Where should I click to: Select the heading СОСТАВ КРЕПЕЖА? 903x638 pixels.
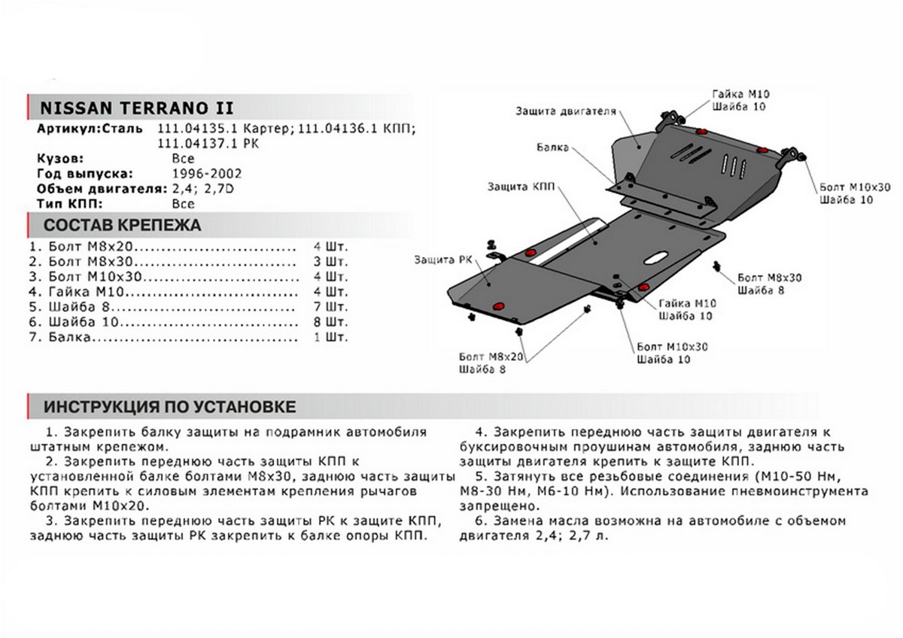(122, 225)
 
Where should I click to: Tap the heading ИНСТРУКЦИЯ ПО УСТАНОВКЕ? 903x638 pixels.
(169, 407)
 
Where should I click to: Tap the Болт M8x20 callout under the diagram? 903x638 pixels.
(490, 357)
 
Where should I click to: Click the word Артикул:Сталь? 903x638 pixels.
(89, 128)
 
